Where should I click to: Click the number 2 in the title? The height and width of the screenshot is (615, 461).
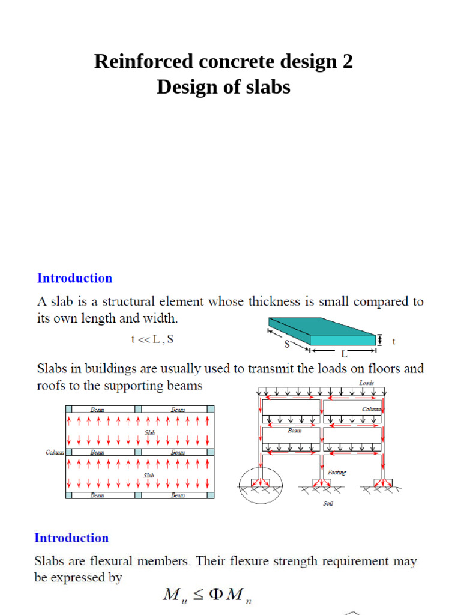coord(347,61)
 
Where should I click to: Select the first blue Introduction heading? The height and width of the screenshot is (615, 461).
coord(74,278)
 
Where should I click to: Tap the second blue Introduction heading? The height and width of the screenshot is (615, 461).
coord(71,538)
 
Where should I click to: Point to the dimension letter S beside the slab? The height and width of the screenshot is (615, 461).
coord(288,344)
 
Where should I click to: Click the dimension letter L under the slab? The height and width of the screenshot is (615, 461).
coord(345,354)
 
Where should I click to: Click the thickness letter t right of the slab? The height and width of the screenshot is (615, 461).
coord(394,341)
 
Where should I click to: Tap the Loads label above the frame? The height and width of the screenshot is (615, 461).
coord(366,382)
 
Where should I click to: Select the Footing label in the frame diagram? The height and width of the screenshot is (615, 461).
coord(337,473)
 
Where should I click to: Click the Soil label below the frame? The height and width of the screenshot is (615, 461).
coord(328,503)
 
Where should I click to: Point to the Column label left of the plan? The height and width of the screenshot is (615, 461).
coord(55,452)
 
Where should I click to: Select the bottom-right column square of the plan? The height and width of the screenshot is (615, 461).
coord(211,495)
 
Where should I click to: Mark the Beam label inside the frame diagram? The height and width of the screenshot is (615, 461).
coord(294,430)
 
